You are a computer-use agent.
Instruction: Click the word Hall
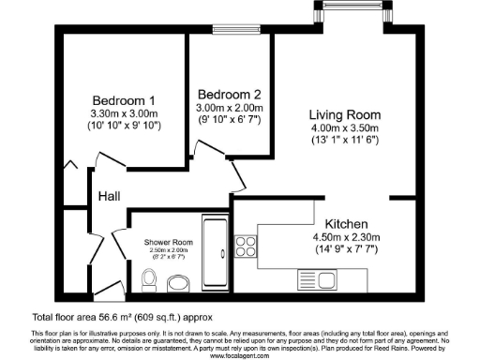[109, 197]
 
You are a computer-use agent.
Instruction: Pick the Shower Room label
[169, 243]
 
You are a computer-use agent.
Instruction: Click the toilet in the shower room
[147, 278]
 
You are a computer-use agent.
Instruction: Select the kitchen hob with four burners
[246, 247]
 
